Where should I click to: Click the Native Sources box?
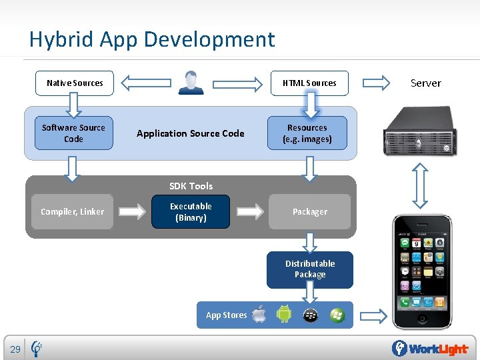[74, 83]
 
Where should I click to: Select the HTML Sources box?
[309, 83]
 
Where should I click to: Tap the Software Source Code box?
[73, 133]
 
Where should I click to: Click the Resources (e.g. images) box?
[307, 133]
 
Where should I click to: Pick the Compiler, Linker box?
[72, 212]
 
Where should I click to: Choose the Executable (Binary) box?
[191, 212]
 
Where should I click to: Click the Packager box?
[310, 212]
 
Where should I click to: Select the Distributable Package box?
[310, 269]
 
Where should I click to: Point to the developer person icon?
[191, 83]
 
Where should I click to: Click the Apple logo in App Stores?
[259, 314]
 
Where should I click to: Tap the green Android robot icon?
[284, 314]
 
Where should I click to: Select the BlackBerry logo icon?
[310, 315]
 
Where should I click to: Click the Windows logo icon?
[337, 315]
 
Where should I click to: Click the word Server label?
[425, 83]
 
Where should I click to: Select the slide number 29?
[15, 349]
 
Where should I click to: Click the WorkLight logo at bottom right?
[431, 349]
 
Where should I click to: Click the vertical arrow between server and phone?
[420, 187]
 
